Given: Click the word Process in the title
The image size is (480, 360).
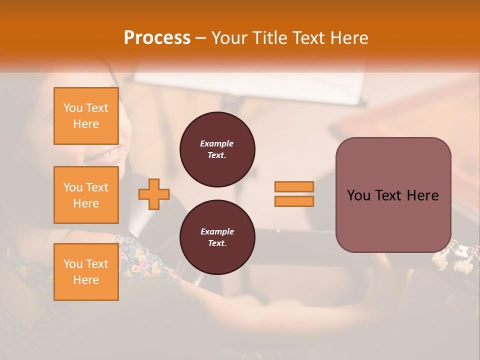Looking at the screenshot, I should [156, 38].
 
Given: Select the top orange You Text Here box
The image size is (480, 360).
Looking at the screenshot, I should [86, 116].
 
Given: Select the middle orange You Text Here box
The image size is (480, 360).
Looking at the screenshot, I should [86, 195].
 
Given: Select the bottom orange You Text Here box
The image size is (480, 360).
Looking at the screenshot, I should [86, 272].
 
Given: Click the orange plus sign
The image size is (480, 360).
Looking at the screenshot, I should [154, 193].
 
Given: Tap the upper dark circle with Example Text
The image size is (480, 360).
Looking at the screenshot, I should [217, 149].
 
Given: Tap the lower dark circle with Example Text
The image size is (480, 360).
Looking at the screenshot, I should [217, 237].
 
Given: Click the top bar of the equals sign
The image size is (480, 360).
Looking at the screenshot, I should [294, 186].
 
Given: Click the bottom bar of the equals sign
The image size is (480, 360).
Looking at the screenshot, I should [294, 201].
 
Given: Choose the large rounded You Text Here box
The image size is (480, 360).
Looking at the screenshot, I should [393, 195].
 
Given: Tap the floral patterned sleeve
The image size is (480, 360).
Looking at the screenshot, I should [145, 260].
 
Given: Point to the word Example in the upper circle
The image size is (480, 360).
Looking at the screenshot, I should [217, 143].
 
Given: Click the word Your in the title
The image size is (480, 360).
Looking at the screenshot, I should [229, 38].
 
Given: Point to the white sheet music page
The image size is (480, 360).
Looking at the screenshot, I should [320, 87].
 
